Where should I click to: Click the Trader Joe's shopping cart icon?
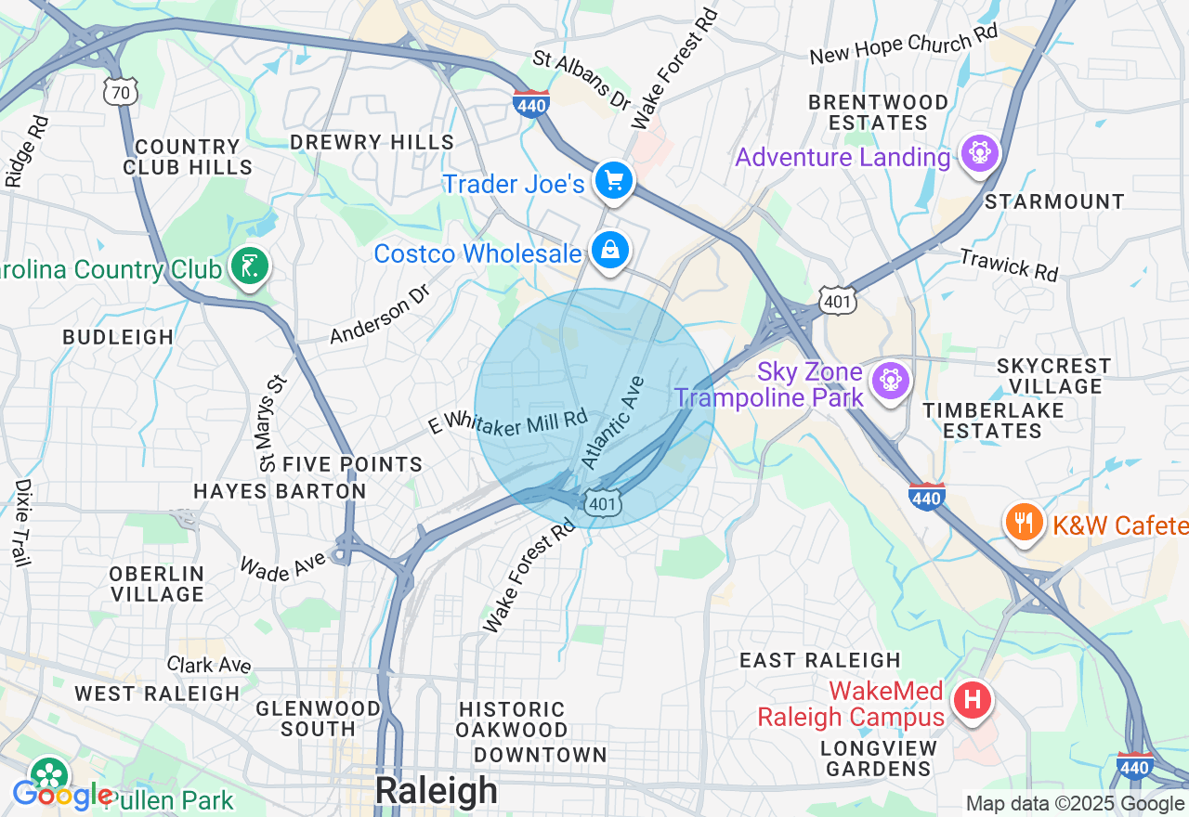click(x=613, y=180)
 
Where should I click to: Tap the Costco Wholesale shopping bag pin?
click(x=610, y=251)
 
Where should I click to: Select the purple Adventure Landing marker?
click(x=979, y=153)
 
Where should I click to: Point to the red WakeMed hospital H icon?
click(x=973, y=699)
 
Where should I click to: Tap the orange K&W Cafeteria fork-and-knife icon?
click(x=1024, y=524)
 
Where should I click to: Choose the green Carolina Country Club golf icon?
click(x=248, y=267)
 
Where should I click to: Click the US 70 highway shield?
click(x=122, y=91)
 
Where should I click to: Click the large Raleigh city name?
click(x=436, y=791)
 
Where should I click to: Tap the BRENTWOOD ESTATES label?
click(x=878, y=112)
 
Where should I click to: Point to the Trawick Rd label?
click(x=1009, y=265)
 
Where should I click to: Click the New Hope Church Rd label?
click(x=903, y=45)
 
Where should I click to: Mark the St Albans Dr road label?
click(x=581, y=80)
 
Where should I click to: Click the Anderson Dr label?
click(x=381, y=314)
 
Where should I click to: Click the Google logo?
click(x=62, y=796)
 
